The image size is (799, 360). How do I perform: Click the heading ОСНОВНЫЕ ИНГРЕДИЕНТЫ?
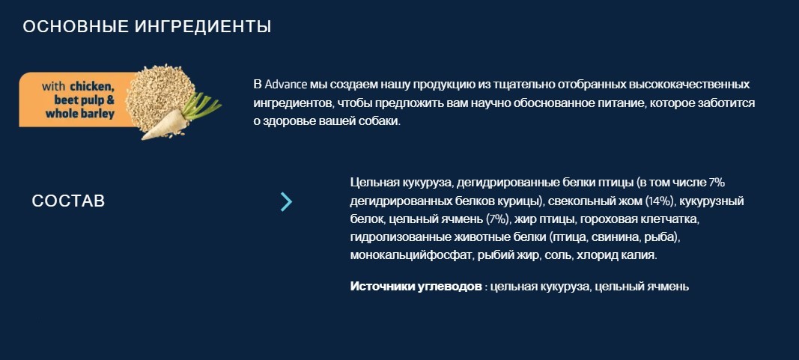[147, 27]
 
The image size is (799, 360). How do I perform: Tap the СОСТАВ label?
[68, 201]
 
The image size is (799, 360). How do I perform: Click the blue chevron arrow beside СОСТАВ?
[286, 201]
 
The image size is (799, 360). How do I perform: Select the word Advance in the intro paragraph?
[285, 84]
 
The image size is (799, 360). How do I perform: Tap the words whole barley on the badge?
[80, 114]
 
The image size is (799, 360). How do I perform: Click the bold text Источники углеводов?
[416, 287]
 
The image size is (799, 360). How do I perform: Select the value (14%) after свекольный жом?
[660, 201]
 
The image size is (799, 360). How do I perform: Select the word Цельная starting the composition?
[373, 183]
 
